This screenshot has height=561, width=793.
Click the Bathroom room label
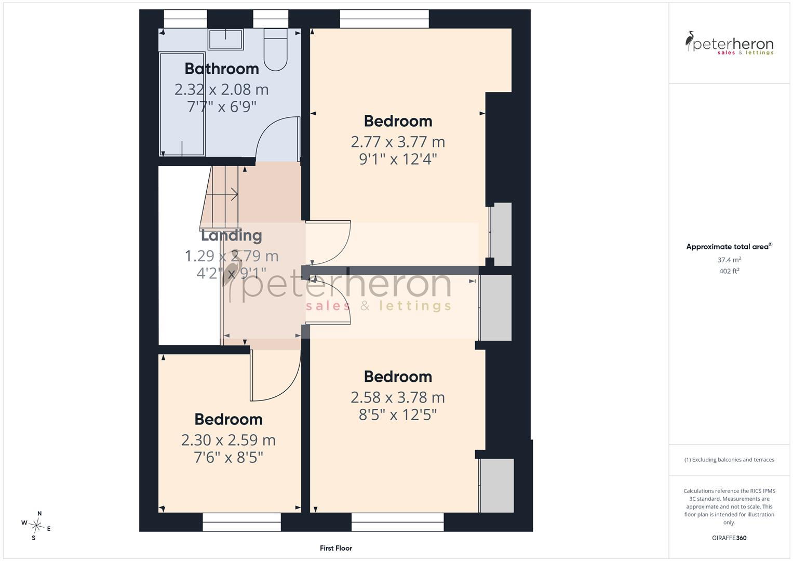pyautogui.click(x=222, y=69)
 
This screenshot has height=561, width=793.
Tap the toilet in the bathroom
pyautogui.click(x=275, y=49)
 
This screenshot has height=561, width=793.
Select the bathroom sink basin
pyautogui.click(x=225, y=39)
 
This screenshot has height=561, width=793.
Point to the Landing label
pyautogui.click(x=232, y=236)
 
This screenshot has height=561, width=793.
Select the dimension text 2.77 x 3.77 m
pyautogui.click(x=398, y=142)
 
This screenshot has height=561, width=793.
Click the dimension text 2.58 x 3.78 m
pyautogui.click(x=398, y=397)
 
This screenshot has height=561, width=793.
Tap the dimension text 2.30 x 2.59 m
pyautogui.click(x=229, y=440)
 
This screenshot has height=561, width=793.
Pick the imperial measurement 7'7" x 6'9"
pyautogui.click(x=222, y=106)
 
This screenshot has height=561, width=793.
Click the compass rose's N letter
pyautogui.click(x=39, y=514)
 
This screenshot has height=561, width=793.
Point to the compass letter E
pyautogui.click(x=49, y=529)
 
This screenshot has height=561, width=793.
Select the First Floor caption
pyautogui.click(x=336, y=548)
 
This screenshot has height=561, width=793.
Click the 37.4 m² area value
pyautogui.click(x=729, y=260)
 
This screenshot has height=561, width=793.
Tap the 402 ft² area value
pyautogui.click(x=729, y=271)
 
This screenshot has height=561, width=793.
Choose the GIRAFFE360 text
pyautogui.click(x=729, y=538)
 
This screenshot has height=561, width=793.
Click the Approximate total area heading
pyautogui.click(x=729, y=247)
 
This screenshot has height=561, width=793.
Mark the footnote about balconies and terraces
pyautogui.click(x=729, y=460)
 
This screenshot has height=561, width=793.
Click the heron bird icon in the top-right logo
pyautogui.click(x=689, y=41)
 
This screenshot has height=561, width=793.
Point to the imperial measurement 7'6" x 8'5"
pyautogui.click(x=229, y=457)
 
